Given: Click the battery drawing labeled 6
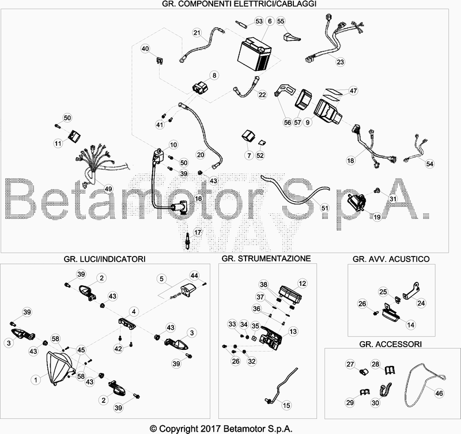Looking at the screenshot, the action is [x=254, y=54].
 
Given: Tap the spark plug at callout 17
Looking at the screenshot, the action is [x=187, y=241].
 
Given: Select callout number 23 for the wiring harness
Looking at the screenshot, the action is [x=340, y=62].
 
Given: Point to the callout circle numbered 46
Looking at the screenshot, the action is [x=439, y=393].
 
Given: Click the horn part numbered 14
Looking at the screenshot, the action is [x=391, y=314].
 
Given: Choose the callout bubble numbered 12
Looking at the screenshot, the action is [x=303, y=284].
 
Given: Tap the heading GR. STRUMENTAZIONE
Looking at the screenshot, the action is [x=266, y=258].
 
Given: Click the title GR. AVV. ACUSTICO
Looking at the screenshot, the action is [x=391, y=259].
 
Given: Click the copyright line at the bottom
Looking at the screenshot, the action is [x=221, y=428].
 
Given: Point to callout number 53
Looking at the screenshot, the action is [x=259, y=21].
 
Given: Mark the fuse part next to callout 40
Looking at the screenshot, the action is [x=160, y=61].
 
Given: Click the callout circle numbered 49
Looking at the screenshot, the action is [x=108, y=189].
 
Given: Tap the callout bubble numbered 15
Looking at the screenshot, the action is [x=286, y=406].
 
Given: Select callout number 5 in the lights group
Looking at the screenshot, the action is [x=161, y=279].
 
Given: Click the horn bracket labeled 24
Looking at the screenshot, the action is [x=410, y=291].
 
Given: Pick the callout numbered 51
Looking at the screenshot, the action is [x=324, y=208].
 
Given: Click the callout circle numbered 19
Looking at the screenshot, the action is [x=377, y=217].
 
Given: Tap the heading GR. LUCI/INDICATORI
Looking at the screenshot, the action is [x=104, y=259].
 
